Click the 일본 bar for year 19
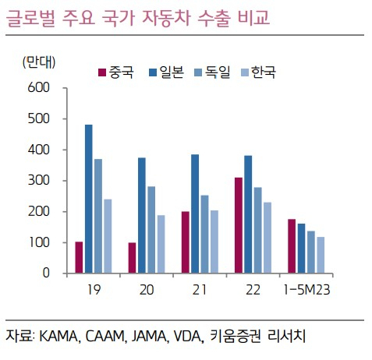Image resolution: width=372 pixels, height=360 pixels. coord(89,199)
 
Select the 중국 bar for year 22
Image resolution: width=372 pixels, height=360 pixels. coord(239,225)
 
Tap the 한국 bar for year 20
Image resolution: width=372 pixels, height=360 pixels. coord(161,244)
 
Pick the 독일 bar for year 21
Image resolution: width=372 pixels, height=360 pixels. coord(204,234)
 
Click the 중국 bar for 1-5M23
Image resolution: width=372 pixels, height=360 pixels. coord(292,246)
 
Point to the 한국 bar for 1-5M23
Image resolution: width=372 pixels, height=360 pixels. coord(321,255)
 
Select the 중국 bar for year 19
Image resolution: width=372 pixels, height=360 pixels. coord(79,257)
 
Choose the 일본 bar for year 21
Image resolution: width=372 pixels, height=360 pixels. coord(195,214)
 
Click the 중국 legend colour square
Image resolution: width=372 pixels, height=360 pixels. coord(102,72)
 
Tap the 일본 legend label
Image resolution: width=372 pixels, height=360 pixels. coord(172,72)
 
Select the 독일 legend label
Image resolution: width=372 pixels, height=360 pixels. coord(218,72)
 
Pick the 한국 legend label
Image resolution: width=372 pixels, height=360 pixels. coord(263,72)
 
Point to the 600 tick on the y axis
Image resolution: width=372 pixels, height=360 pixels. coord(38,88)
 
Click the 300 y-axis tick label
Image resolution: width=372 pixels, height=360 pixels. coord(38,181)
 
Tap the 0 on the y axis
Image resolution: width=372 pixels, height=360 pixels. coord(46,273)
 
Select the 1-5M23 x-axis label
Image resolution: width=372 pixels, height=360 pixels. coord(306,290)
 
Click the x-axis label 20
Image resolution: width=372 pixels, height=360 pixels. coord(147,290)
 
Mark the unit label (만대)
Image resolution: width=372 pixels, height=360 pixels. coord(39,62)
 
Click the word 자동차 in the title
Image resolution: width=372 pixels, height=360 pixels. coord(166,18)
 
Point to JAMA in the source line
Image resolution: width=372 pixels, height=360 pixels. coord(149,337)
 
